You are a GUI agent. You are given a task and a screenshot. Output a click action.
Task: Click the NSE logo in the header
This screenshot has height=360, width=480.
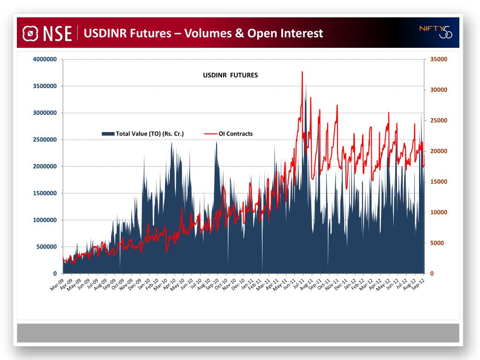tap(47, 33)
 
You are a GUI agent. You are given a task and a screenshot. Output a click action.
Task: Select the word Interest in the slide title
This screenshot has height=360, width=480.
tap(301, 33)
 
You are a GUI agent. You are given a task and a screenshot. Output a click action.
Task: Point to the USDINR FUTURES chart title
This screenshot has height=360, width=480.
tap(230, 75)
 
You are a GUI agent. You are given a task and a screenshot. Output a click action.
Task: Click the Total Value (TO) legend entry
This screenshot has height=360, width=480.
tap(143, 134)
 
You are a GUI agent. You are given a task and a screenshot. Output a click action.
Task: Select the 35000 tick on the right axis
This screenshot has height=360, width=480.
tap(439, 60)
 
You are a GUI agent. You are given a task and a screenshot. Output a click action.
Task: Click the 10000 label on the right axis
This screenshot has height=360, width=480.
tap(439, 212)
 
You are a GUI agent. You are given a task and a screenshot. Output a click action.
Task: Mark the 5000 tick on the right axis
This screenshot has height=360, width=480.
tap(437, 243)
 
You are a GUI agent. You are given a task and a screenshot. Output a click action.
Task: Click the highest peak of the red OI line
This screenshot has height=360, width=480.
tap(302, 72)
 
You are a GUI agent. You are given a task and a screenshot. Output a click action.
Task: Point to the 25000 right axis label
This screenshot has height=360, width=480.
tap(439, 120)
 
